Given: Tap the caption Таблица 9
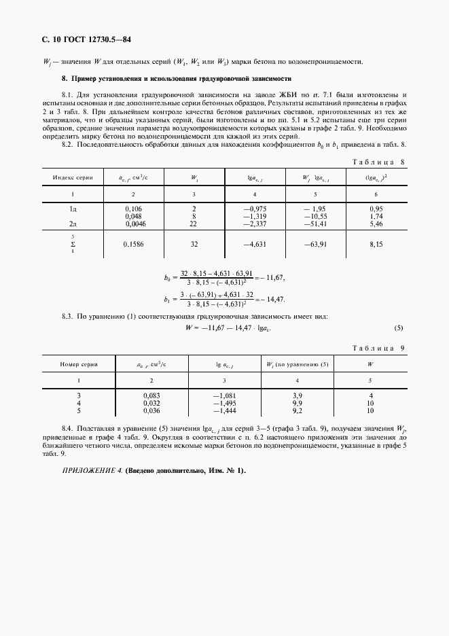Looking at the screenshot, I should pos(379,348).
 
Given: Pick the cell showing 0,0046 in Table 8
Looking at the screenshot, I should pos(134,223).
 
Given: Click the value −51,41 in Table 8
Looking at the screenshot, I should pos(316,223).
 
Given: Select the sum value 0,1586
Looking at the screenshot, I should pos(134,243).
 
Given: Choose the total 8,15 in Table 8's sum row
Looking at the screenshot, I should pos(376,243).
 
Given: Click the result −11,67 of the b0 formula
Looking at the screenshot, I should pos(272,279).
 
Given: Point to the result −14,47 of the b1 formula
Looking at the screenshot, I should pos(272,299).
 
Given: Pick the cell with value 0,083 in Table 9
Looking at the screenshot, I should pos(151,395).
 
